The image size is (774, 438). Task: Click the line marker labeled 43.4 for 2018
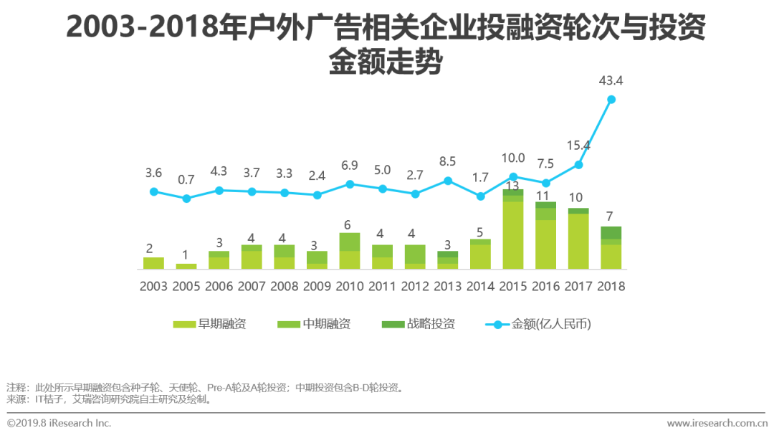point(611,100)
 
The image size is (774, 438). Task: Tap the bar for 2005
point(186,266)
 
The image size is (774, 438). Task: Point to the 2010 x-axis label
point(350,286)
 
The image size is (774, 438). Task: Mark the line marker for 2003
point(154,191)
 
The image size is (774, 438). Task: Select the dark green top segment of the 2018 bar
point(611,232)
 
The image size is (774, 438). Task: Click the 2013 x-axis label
point(448,286)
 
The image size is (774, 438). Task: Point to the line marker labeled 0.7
point(186,199)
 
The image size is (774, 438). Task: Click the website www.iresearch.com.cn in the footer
point(717,424)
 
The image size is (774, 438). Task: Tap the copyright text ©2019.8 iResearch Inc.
point(59,423)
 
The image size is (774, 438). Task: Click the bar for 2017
point(578,239)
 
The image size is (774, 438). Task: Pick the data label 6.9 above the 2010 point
point(350,166)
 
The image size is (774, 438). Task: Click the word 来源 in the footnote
point(16,399)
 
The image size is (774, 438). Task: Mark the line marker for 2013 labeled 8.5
point(448,181)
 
